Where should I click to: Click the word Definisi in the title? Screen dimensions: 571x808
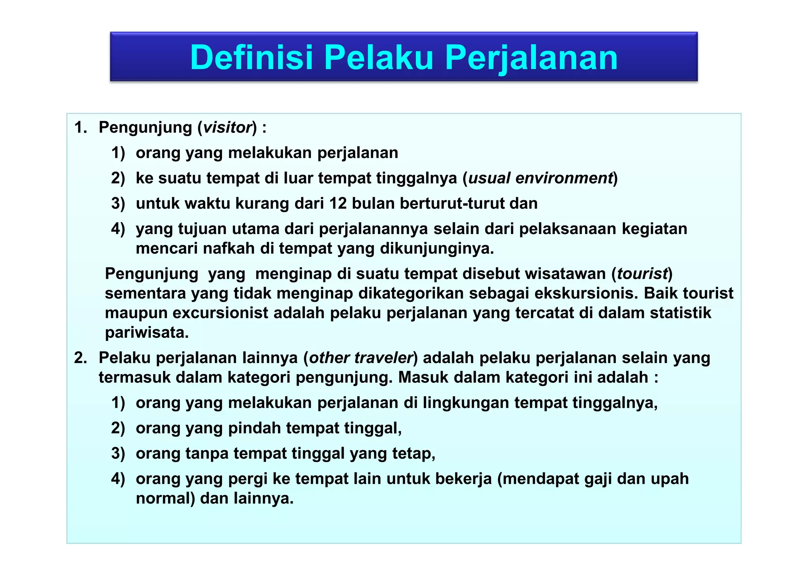pos(251,58)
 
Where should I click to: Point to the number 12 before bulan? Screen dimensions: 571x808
pos(338,203)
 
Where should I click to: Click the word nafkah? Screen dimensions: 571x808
pos(228,249)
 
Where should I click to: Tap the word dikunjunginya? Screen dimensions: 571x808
pos(436,249)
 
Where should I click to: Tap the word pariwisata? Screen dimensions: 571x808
pos(147,333)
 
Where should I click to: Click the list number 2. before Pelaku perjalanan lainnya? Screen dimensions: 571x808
pos(80,358)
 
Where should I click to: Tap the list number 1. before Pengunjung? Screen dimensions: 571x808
pos(80,127)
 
